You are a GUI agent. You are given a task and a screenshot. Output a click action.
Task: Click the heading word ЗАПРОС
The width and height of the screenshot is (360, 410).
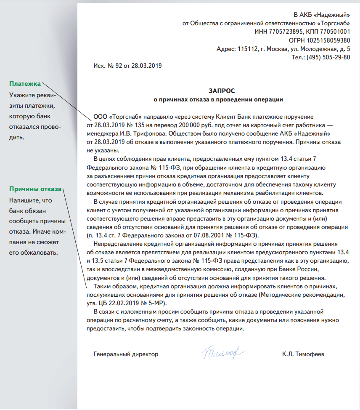coord(220,91)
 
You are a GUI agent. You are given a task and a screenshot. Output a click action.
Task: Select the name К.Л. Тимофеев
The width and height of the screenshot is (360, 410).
coord(303,354)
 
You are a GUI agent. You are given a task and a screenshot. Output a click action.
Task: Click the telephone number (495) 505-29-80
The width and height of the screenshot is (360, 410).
coord(328,57)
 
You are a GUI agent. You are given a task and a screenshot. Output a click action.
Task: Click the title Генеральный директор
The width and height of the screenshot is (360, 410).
coord(126,354)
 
